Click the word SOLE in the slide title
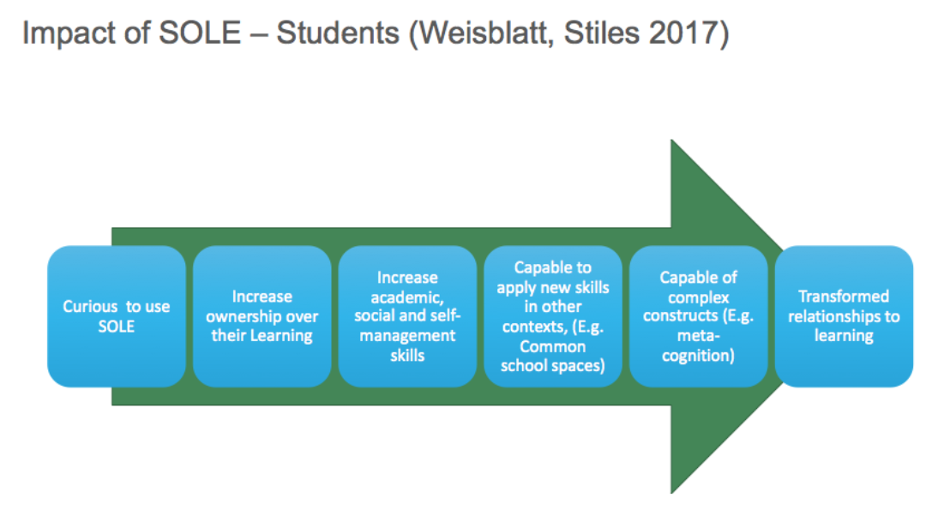coord(199,33)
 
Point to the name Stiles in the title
coord(602,33)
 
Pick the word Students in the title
coord(338,33)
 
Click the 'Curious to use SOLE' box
coord(117,316)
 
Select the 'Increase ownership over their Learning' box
coord(262,316)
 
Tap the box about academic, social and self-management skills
coord(407,316)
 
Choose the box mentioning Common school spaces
coord(553,316)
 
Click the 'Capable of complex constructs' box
coord(698,316)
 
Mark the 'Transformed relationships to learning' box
coord(844,316)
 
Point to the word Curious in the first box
coord(90,306)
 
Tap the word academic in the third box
coord(407,297)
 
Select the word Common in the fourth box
coord(553,346)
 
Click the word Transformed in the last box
coord(844,297)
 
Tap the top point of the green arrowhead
coord(671,140)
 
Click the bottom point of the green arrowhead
coord(671,493)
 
